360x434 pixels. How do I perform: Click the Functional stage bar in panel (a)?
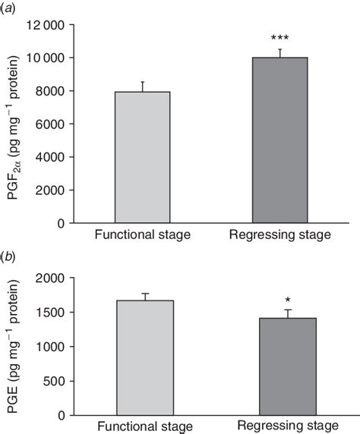pos(142,158)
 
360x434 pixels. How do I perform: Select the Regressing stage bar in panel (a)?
pos(280,140)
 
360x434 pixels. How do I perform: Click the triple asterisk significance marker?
pos(280,38)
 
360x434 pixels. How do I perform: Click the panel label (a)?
pos(14,7)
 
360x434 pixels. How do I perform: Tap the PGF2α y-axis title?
pos(13,124)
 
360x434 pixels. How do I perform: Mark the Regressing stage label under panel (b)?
pos(289,427)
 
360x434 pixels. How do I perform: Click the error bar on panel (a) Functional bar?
pos(142,86)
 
